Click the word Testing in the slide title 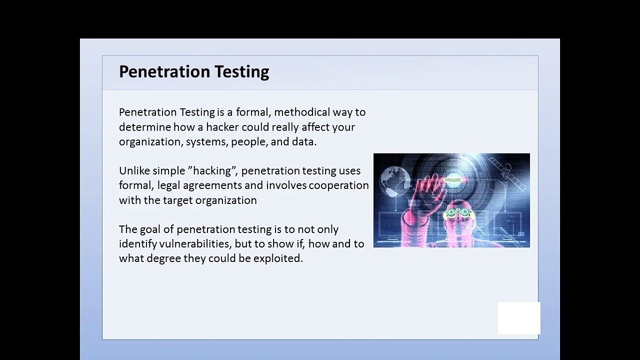pyautogui.click(x=242, y=72)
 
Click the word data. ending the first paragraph pyautogui.click(x=304, y=141)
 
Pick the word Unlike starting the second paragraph pyautogui.click(x=134, y=170)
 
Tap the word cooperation pyautogui.click(x=338, y=185)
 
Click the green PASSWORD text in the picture pyautogui.click(x=453, y=180)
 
